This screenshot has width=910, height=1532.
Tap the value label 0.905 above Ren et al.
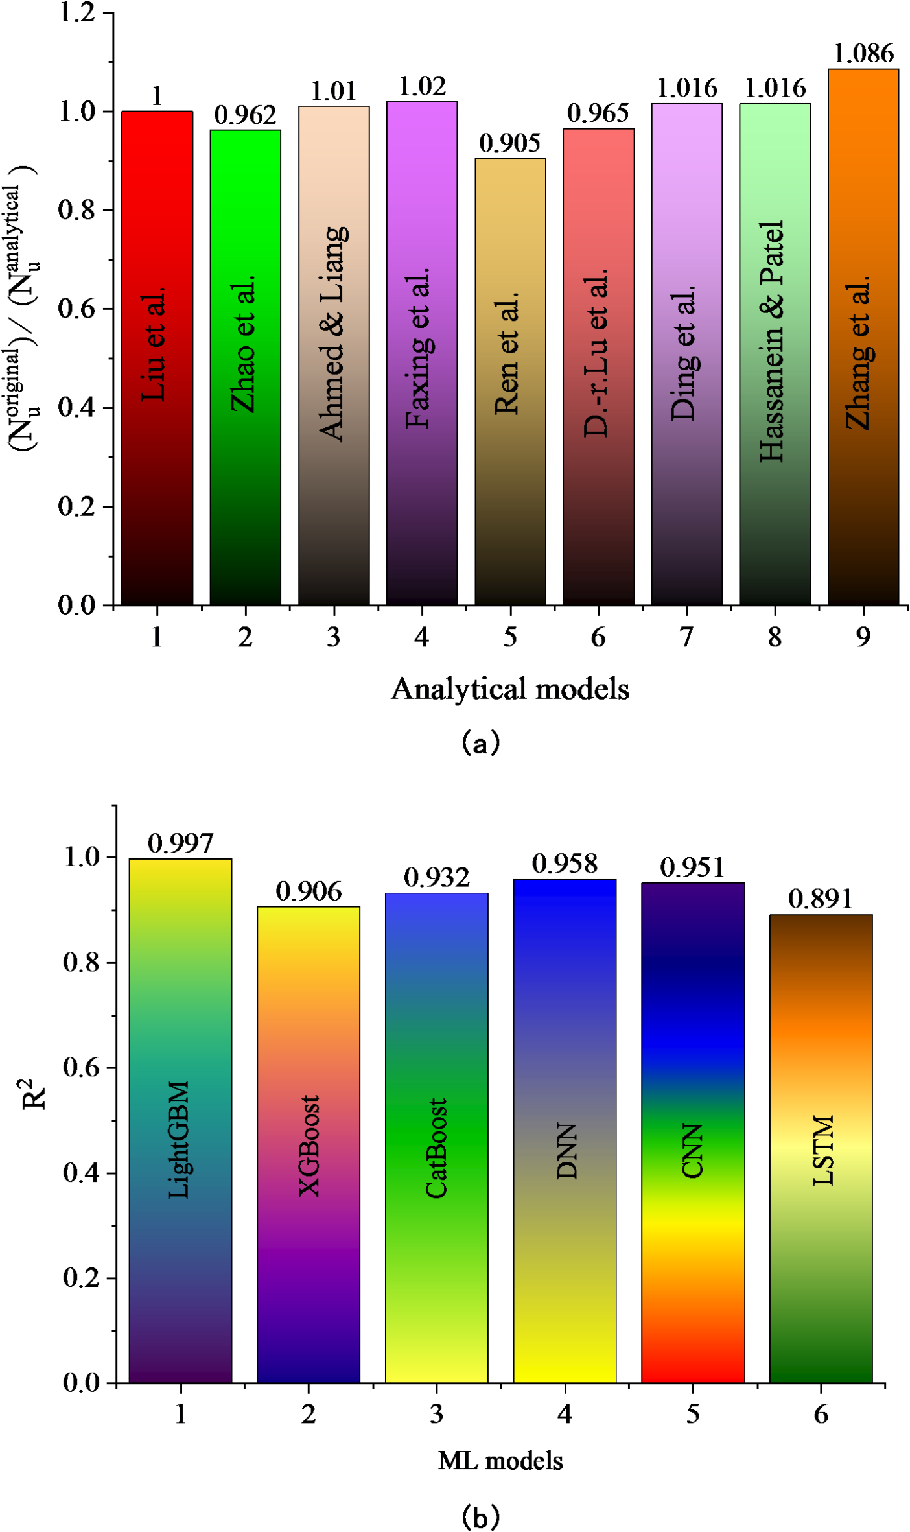coord(509,143)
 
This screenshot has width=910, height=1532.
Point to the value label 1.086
coord(863,54)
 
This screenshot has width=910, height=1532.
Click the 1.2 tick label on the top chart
coord(77,12)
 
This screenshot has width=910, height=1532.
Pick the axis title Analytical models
coord(510,689)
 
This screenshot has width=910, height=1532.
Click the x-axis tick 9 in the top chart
coord(863,637)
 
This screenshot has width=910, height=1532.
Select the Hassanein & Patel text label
coord(773,342)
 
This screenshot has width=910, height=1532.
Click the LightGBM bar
coord(180,1264)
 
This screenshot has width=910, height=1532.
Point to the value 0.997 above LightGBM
coord(180,843)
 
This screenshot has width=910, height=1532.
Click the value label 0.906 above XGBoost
coord(309,891)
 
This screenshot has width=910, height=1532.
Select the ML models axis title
coord(500,1461)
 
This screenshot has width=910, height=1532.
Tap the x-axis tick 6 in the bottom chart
coord(821,1414)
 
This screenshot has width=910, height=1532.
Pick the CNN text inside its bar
coord(693,1151)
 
